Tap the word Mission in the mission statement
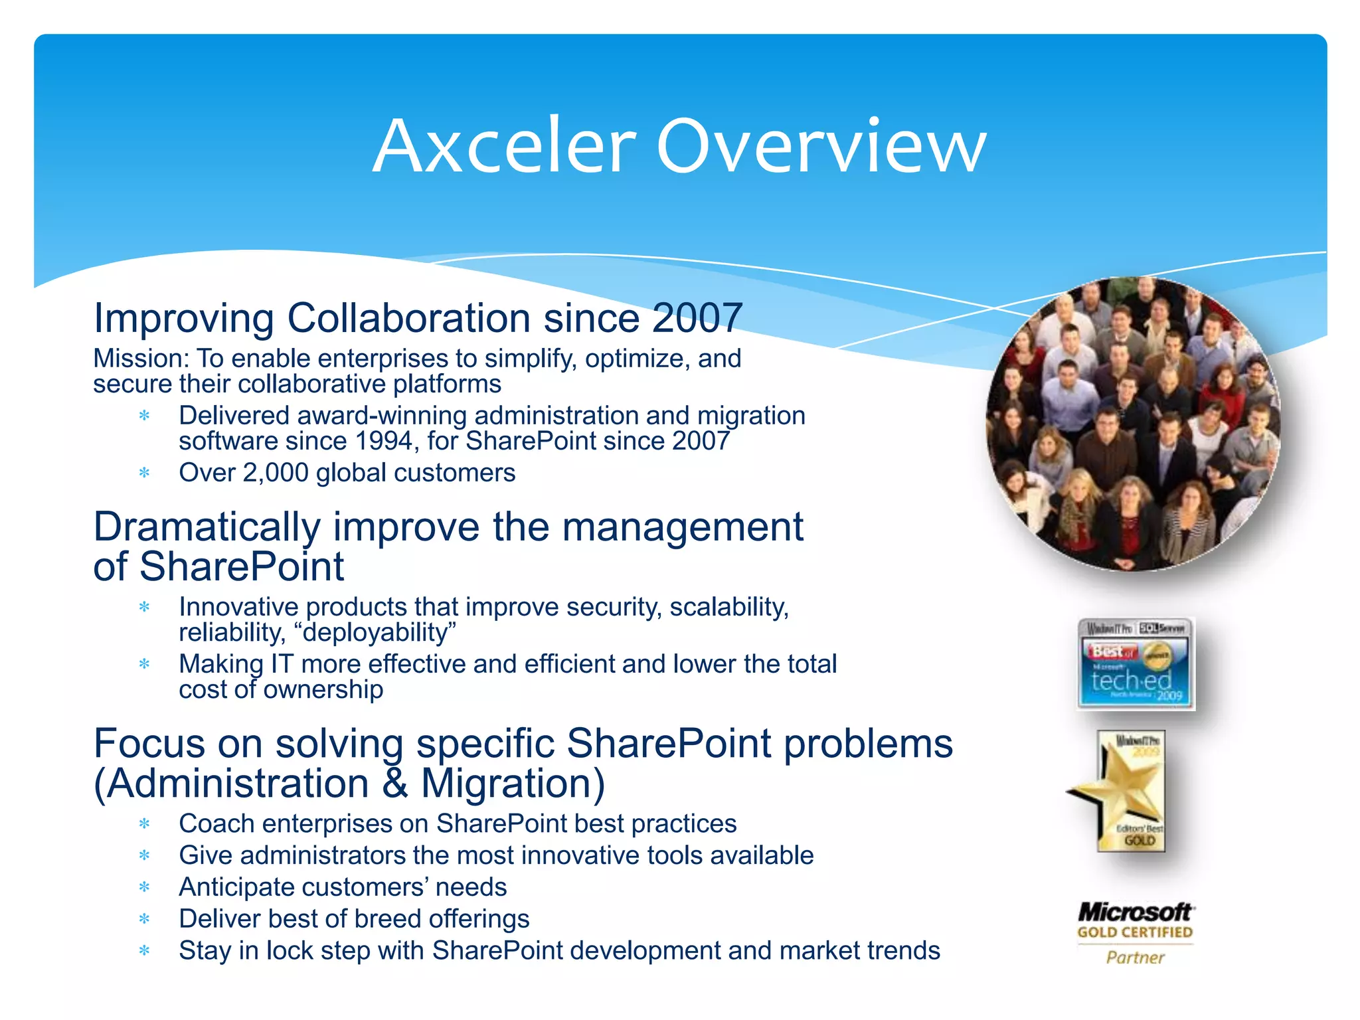click(140, 359)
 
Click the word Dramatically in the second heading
click(207, 527)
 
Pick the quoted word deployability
click(379, 633)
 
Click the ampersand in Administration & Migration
click(394, 784)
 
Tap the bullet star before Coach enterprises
click(144, 824)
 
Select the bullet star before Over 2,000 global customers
click(144, 473)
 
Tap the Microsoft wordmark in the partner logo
click(1135, 912)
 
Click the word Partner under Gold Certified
click(1135, 958)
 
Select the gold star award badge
click(1122, 790)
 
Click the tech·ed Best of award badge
click(1135, 664)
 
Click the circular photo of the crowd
click(1132, 425)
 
